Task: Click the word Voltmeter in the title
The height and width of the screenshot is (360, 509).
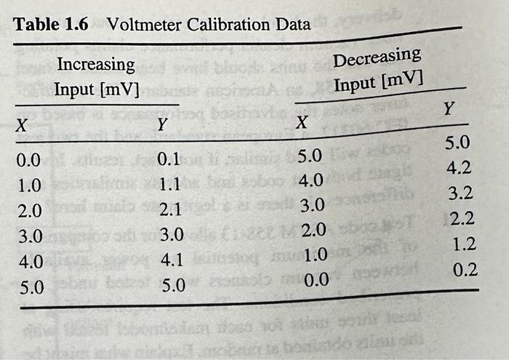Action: [x=144, y=24]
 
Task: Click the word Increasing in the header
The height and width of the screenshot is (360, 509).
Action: [x=95, y=65]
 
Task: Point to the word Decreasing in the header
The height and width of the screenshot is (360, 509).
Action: [x=377, y=57]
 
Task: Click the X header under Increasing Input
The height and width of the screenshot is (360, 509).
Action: [x=23, y=125]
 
